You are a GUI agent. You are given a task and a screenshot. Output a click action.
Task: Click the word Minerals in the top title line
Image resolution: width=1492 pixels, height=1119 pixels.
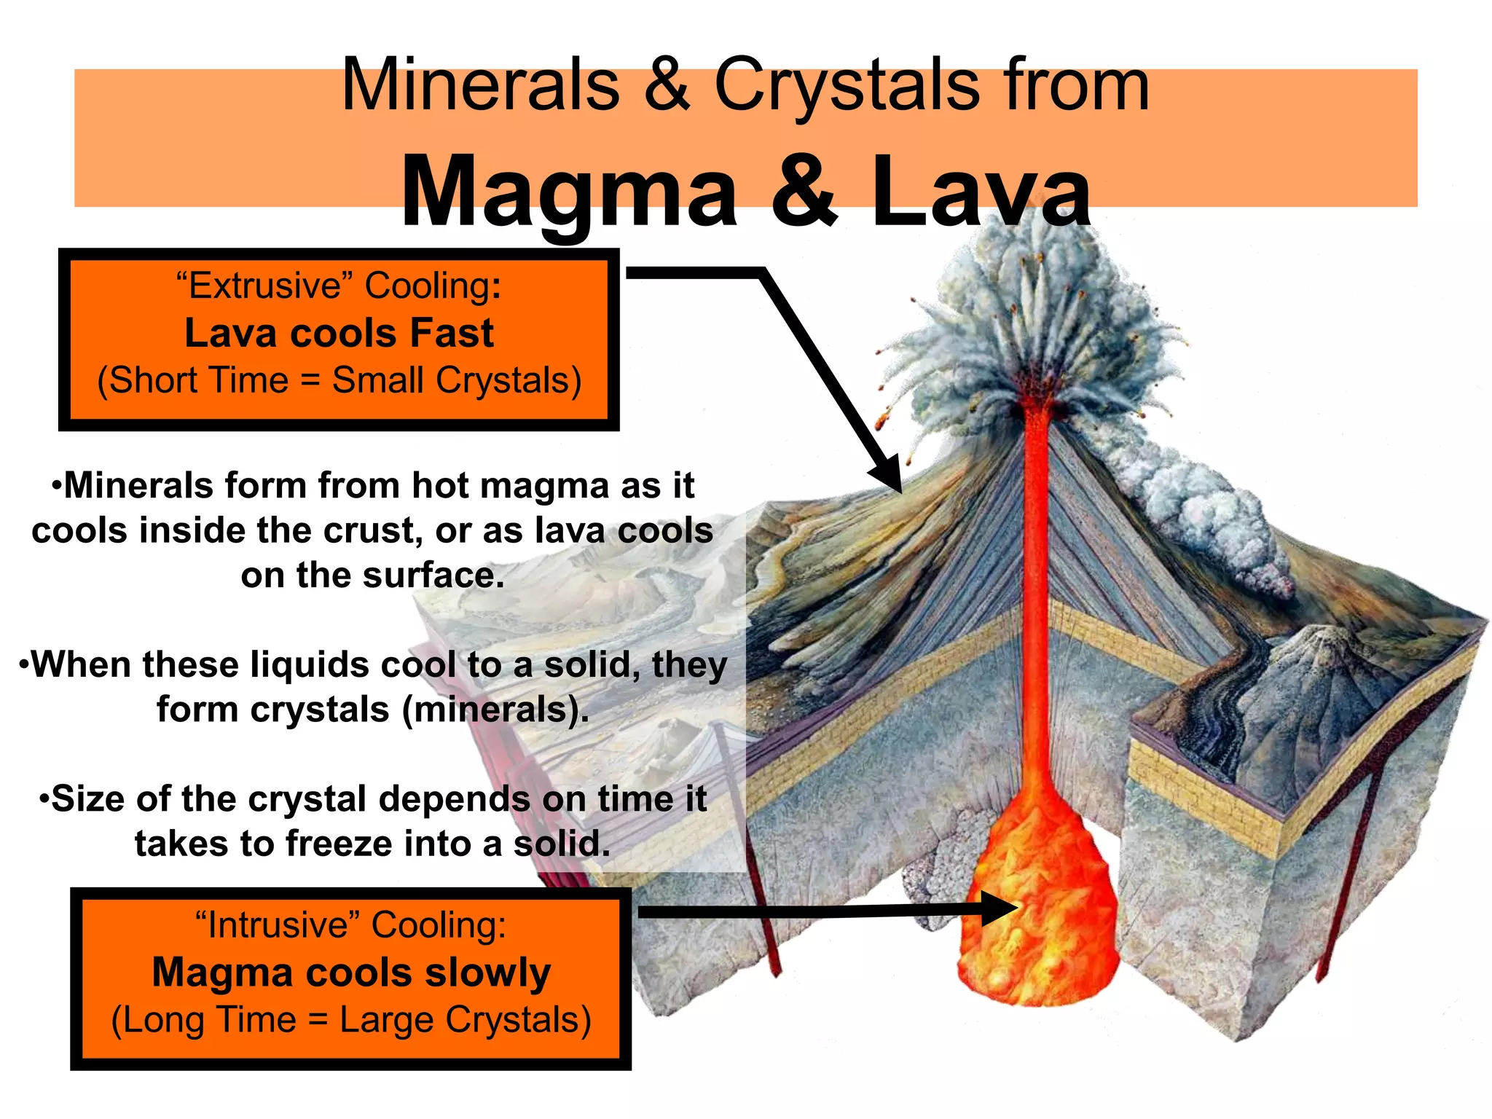point(481,86)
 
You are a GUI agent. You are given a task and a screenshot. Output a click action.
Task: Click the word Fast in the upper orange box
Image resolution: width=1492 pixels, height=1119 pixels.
point(452,334)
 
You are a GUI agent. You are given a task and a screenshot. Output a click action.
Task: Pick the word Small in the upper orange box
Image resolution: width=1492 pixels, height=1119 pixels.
point(378,380)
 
